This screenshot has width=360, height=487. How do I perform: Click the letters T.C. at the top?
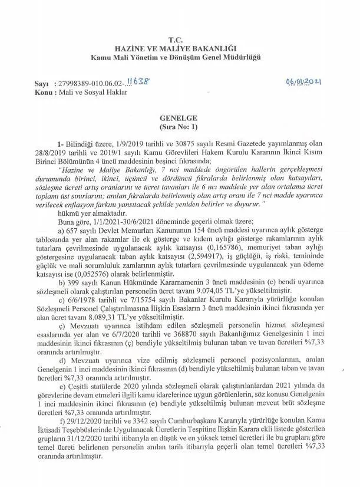[x=179, y=39]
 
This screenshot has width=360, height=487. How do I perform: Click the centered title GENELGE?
[x=180, y=118]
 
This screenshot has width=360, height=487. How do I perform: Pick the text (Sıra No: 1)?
[x=180, y=127]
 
